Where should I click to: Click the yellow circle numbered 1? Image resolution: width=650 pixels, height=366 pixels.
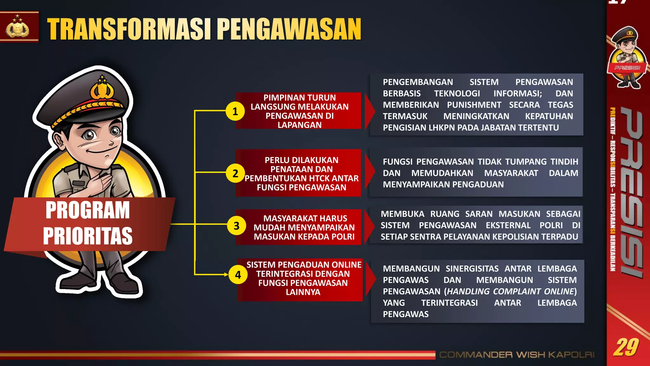point(235,112)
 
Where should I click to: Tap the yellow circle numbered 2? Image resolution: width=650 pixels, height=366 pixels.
point(235,173)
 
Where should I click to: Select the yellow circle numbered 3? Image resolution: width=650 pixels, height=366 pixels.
point(236,226)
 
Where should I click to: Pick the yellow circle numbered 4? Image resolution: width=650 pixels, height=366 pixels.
point(238,275)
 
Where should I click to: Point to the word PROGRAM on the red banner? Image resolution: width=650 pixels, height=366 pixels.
point(88,210)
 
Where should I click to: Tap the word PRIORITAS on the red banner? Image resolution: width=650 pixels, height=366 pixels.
point(88,236)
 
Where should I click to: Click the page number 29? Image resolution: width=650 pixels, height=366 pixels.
point(626,347)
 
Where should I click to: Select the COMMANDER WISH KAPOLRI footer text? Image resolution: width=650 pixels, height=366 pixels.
point(517,355)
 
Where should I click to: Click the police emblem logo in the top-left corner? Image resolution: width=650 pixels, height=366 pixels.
point(18,27)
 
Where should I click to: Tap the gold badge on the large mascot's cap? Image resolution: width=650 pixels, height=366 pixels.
point(102,89)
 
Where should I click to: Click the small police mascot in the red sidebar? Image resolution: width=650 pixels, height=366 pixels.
point(627,57)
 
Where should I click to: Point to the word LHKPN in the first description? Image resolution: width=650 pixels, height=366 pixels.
point(441,128)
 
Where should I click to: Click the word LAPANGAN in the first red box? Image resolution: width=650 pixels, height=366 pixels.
point(300,125)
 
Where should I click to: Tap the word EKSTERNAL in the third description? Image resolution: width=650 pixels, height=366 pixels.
point(508,225)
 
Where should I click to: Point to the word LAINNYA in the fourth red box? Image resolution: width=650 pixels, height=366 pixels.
point(303,292)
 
